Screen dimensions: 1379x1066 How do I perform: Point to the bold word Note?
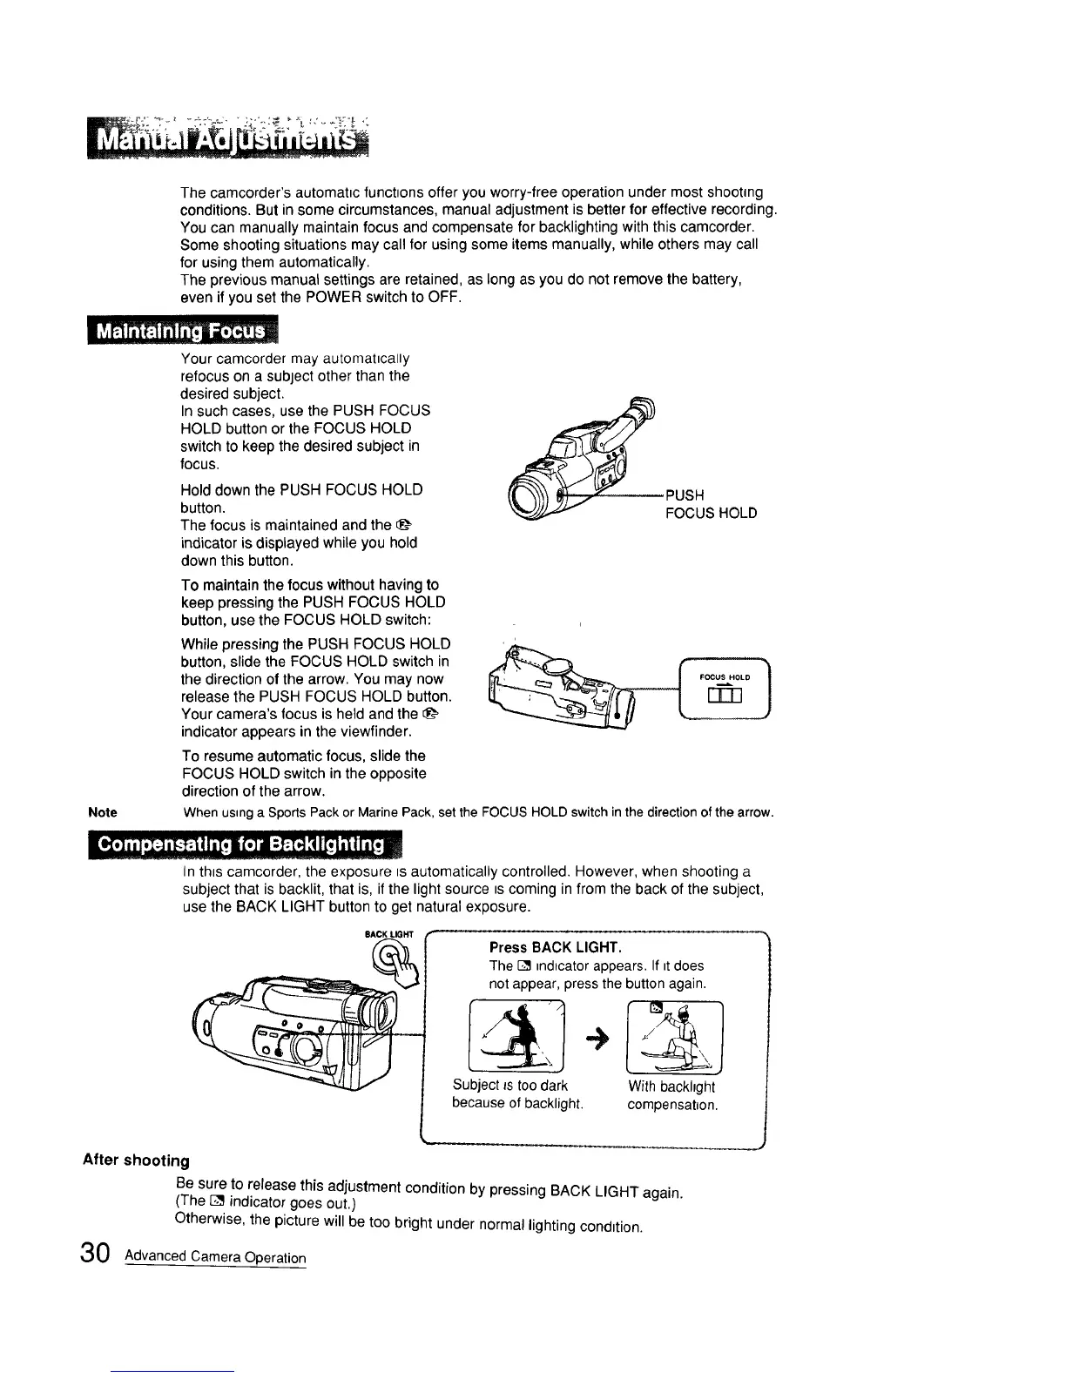pyautogui.click(x=103, y=812)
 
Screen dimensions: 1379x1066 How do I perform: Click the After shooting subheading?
pyautogui.click(x=135, y=1160)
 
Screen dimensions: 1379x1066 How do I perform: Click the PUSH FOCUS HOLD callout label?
pyautogui.click(x=710, y=504)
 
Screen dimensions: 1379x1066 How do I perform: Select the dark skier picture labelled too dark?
pyautogui.click(x=516, y=1036)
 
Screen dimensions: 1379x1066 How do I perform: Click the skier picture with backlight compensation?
pyautogui.click(x=674, y=1036)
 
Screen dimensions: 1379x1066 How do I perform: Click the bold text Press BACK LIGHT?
pyautogui.click(x=554, y=947)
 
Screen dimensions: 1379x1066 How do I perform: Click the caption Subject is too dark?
pyautogui.click(x=510, y=1086)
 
